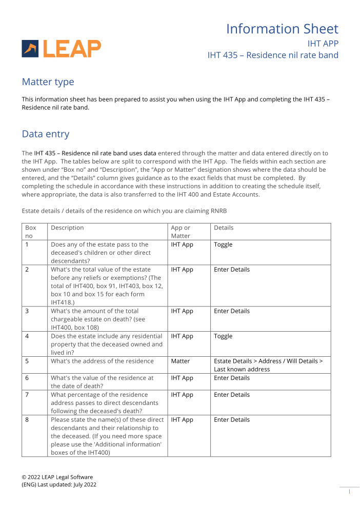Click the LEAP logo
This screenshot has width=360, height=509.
pyautogui.click(x=62, y=49)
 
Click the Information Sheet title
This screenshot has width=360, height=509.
pyautogui.click(x=282, y=29)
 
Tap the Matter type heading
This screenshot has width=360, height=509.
pyautogui.click(x=48, y=82)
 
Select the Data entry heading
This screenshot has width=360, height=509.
pyautogui.click(x=45, y=134)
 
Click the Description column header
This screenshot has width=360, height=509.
pyautogui.click(x=67, y=228)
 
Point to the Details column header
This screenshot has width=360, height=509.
pyautogui.click(x=224, y=228)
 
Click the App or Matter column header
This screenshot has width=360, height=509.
pyautogui.click(x=181, y=232)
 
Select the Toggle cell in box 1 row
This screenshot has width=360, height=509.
pyautogui.click(x=223, y=245)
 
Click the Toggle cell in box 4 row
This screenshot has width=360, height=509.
pyautogui.click(x=223, y=336)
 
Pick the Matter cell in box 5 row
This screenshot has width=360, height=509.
pyautogui.click(x=181, y=361)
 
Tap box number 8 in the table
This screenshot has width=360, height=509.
pyautogui.click(x=27, y=420)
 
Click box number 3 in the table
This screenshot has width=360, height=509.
pyautogui.click(x=27, y=311)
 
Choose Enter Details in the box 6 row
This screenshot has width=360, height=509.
pyautogui.click(x=232, y=378)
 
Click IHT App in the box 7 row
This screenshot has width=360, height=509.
pyautogui.click(x=182, y=395)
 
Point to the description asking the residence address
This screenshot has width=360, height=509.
pyautogui.click(x=102, y=361)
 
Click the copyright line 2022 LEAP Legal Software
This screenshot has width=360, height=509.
pyautogui.click(x=57, y=477)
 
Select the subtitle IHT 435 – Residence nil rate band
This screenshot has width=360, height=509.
pyautogui.click(x=273, y=55)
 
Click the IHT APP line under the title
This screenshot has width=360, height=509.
pyautogui.click(x=323, y=43)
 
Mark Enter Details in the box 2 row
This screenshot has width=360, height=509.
pyautogui.click(x=232, y=270)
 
